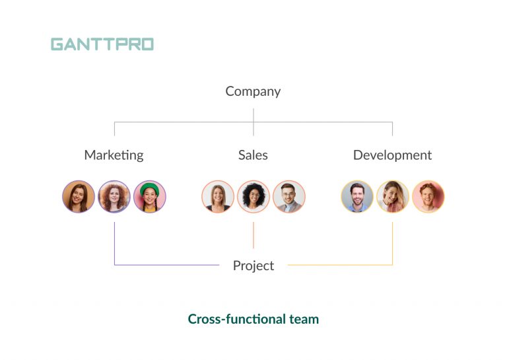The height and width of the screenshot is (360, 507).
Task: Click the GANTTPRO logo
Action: pos(102,44)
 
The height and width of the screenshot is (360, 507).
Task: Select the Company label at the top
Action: pos(253,91)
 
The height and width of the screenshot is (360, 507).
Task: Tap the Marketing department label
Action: pos(114,155)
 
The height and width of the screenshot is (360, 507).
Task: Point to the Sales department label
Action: pos(253,155)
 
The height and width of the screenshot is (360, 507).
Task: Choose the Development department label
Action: pos(392,155)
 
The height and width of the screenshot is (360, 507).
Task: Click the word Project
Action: pos(253,266)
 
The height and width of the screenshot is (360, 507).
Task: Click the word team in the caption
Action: pos(304,319)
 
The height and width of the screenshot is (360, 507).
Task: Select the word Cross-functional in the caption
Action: pos(236,319)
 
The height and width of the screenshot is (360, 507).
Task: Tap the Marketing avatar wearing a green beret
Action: pos(150,197)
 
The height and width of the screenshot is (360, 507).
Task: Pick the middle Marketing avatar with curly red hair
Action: pos(114,197)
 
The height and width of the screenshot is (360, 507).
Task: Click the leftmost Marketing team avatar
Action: pos(79,197)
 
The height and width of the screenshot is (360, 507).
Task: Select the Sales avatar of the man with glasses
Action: pos(289,197)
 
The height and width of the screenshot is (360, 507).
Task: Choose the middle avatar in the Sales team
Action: pos(253,197)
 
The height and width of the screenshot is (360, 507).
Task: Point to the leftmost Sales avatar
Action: pos(218,197)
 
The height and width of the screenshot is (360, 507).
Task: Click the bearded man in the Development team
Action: pos(357,197)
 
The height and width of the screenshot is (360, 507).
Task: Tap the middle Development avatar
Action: pos(393,197)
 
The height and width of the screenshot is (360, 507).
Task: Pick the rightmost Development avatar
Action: pos(428,197)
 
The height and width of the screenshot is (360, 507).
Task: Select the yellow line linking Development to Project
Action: pos(343,265)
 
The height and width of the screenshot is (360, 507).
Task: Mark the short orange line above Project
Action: pos(253,235)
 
